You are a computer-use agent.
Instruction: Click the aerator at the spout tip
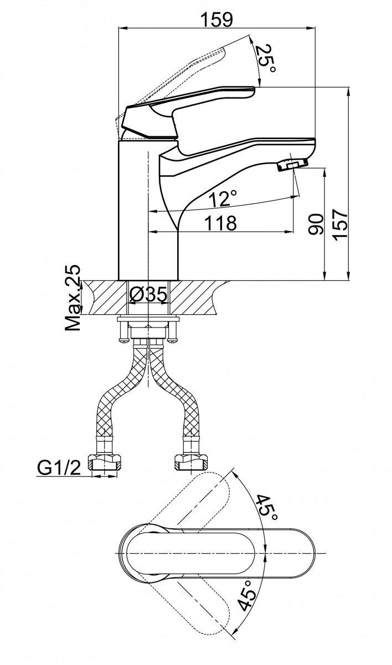(291, 164)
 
